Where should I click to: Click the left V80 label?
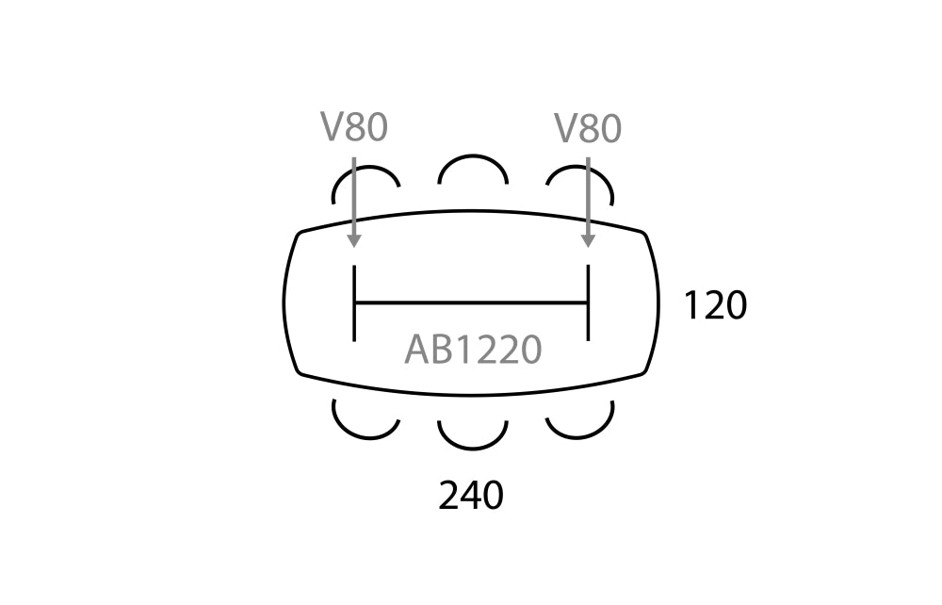click(x=354, y=127)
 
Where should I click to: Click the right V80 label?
click(x=588, y=128)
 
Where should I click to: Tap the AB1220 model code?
click(x=474, y=350)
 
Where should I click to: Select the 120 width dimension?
click(x=716, y=305)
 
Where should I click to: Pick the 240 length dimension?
click(x=471, y=496)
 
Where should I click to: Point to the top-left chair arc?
click(x=365, y=167)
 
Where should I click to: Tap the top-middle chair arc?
click(x=474, y=156)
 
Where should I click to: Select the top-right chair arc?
click(x=580, y=168)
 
